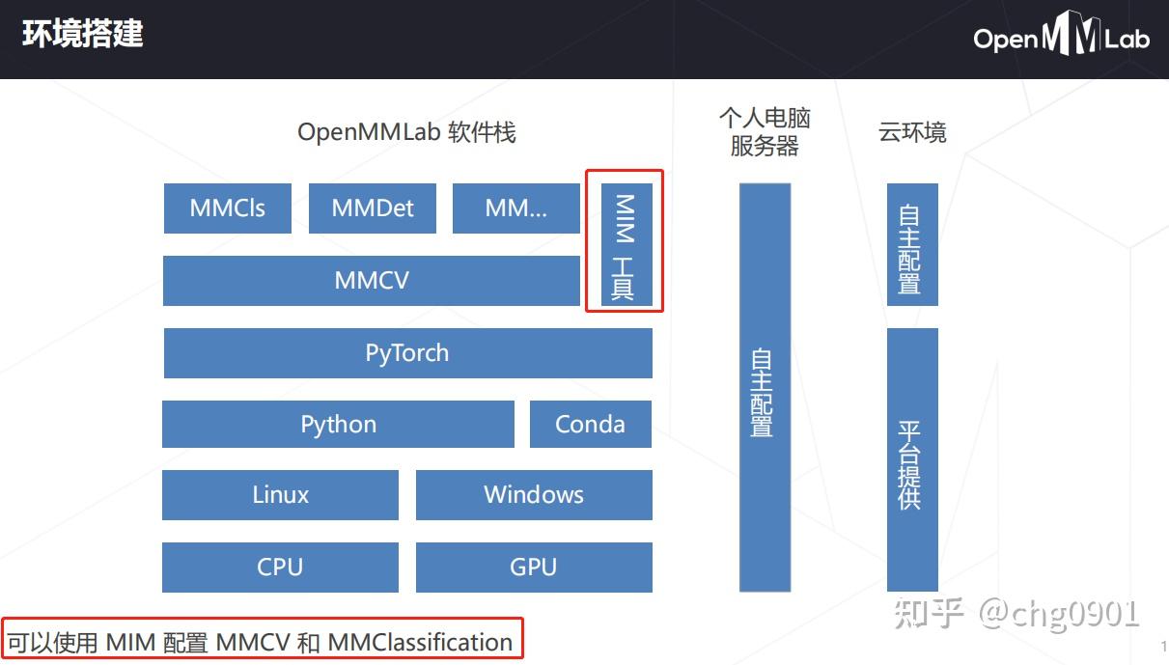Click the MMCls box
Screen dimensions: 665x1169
227,208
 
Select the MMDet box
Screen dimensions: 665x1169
373,208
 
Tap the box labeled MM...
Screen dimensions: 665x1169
516,208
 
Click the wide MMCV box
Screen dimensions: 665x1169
372,281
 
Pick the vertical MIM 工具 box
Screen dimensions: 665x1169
626,245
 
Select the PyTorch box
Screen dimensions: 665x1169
407,353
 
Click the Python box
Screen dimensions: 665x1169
338,425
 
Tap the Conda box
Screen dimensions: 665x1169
590,425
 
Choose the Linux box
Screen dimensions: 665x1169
280,495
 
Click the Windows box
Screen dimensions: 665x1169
534,495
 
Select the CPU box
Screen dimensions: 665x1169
280,568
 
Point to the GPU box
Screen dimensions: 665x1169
534,568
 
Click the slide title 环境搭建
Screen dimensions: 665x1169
83,35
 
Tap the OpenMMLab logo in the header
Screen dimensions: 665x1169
1061,39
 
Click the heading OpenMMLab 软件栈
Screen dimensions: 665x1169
406,132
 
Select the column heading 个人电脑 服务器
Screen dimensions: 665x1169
765,132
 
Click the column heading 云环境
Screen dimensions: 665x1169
912,132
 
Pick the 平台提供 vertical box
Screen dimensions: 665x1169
911,459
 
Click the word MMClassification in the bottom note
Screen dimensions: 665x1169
420,643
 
